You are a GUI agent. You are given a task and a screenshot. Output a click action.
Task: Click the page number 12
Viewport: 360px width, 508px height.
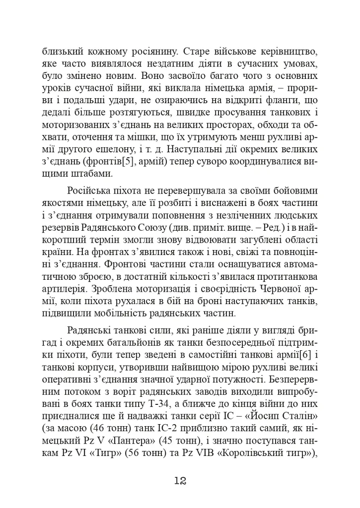coord(180,480)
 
